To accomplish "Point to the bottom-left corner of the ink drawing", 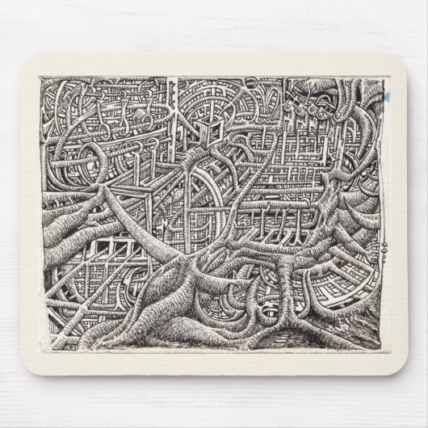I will pyautogui.click(x=42, y=350).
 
